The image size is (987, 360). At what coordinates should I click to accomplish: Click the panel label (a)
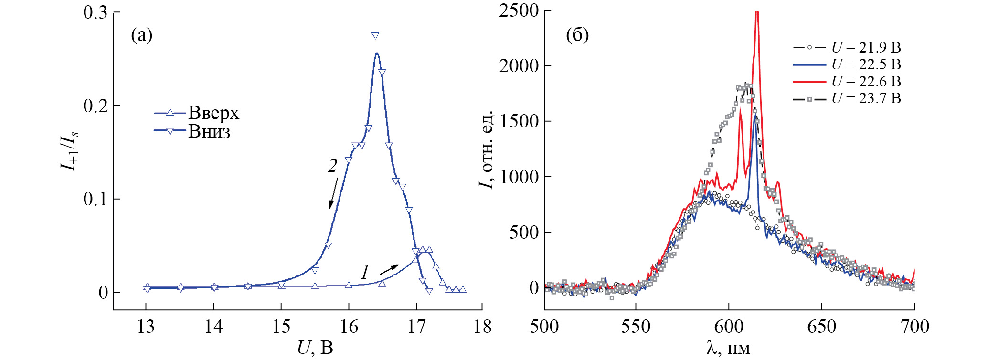141,35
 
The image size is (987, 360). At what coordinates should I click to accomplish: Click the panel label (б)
577,35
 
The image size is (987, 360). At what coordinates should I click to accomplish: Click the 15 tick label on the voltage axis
281,327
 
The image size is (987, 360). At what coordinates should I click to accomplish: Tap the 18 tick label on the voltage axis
482,327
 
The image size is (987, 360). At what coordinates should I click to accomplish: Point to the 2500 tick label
519,11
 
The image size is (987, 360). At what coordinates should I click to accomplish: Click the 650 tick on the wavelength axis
821,327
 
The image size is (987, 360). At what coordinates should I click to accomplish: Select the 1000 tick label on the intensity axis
519,177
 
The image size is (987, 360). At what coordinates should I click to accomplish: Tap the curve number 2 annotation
332,166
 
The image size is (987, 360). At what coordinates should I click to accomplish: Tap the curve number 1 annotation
364,273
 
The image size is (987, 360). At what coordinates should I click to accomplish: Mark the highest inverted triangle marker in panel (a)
375,36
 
